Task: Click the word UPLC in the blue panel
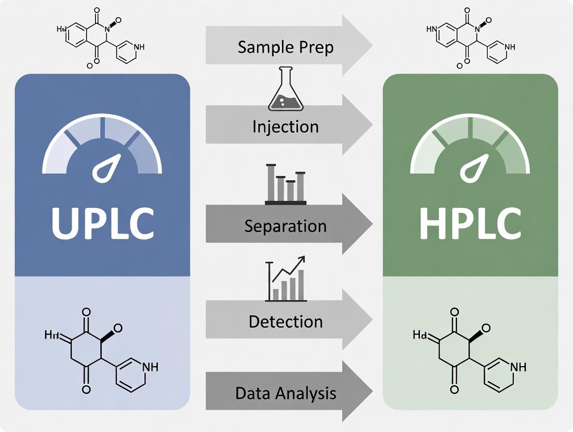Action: tap(102, 223)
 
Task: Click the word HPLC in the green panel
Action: tap(470, 223)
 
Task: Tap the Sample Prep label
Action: tap(285, 47)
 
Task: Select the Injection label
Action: tap(285, 126)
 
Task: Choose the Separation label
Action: tap(285, 226)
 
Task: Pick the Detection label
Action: tap(285, 321)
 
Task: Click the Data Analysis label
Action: tap(285, 393)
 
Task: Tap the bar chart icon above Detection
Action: tap(286, 280)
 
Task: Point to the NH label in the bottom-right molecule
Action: tap(517, 367)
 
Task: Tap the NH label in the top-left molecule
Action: tap(139, 47)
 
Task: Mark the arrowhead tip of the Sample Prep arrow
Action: tap(372, 46)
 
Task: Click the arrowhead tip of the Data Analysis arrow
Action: tap(372, 393)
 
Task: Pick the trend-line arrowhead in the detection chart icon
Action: tap(303, 259)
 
